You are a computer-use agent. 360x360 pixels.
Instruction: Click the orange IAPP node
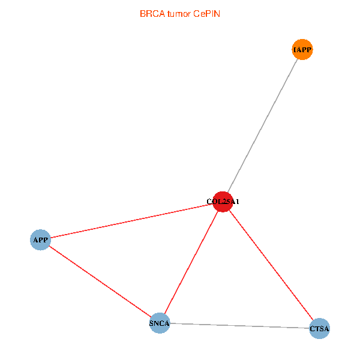coord(302,49)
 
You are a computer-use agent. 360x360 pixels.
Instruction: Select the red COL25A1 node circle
coord(223,202)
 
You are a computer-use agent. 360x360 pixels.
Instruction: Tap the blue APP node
coord(40,239)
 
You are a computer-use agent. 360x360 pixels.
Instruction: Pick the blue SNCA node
coord(160,323)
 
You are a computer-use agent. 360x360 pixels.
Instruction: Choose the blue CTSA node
coord(319,328)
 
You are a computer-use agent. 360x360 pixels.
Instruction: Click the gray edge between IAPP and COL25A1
coord(262,125)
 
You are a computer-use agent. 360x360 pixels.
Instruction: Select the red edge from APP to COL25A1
coord(131,221)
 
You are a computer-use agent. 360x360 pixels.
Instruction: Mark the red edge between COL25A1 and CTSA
coord(271,265)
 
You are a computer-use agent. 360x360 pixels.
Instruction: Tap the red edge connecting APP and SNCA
coord(100,281)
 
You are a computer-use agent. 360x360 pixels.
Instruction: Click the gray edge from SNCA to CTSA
coord(239,326)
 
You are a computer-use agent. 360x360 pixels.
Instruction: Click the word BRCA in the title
coord(152,14)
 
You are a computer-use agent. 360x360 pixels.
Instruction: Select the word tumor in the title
coord(179,14)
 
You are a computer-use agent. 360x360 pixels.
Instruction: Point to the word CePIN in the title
coord(206,14)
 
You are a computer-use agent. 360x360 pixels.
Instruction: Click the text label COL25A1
coord(223,202)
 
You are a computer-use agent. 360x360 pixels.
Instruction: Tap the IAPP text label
coord(302,50)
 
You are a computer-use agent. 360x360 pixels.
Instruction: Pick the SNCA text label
coord(160,323)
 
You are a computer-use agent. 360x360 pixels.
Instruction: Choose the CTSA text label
coord(319,329)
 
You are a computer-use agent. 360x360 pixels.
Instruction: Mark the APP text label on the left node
coord(40,240)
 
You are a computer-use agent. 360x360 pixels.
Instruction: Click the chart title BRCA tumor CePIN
coord(180,14)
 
